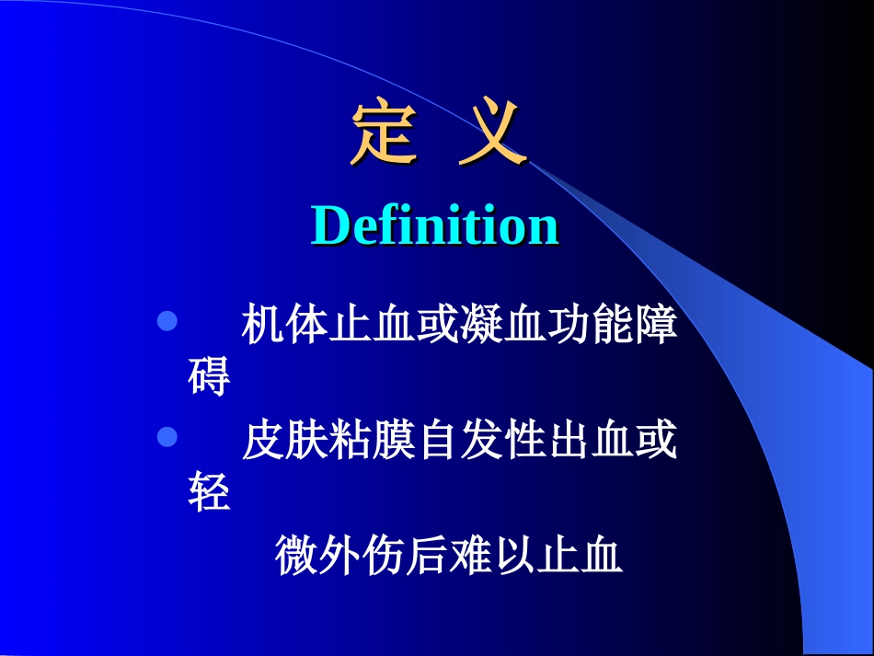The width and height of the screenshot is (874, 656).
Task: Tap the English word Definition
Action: point(435,225)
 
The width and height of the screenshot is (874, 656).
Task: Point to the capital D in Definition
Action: point(330,225)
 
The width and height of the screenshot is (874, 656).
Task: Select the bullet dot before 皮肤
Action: point(167,437)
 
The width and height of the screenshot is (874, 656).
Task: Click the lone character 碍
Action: point(209,376)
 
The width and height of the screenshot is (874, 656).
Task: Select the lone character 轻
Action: point(209,492)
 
